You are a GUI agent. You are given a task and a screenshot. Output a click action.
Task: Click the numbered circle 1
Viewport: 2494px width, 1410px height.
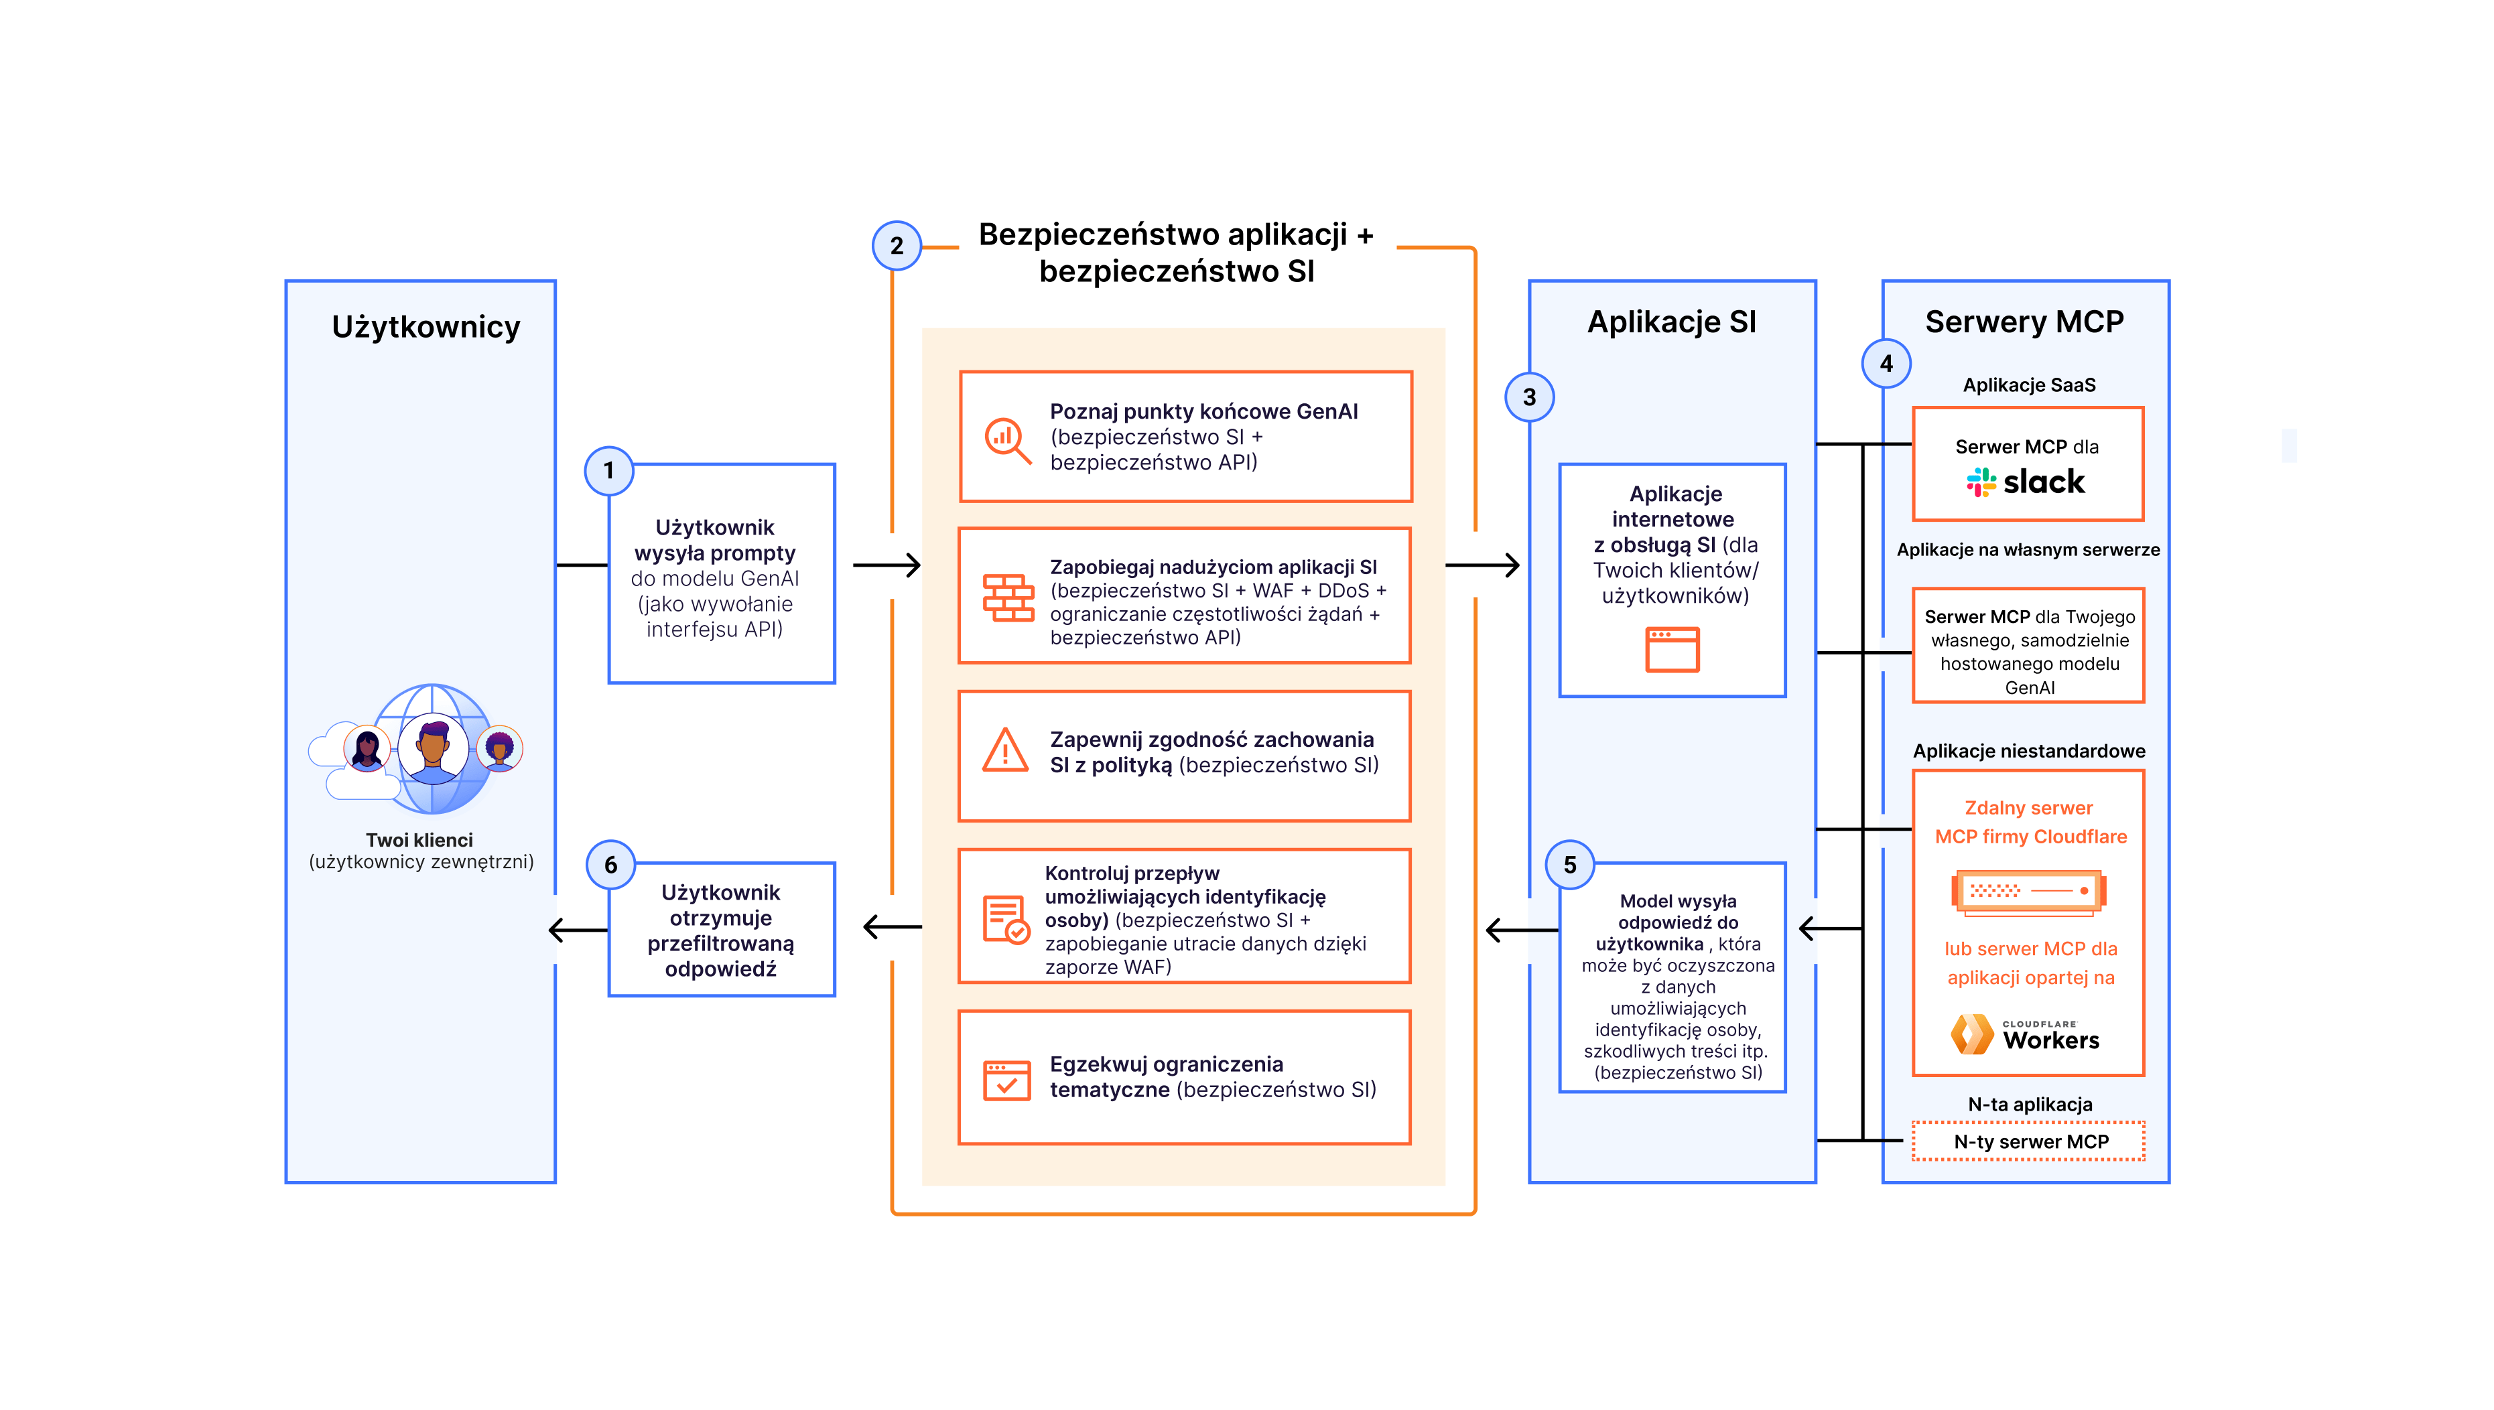[x=608, y=471]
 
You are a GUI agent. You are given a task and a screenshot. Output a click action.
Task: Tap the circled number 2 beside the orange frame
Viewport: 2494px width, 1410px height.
[x=896, y=246]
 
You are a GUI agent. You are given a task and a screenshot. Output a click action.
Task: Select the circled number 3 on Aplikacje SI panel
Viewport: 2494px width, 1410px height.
[x=1529, y=397]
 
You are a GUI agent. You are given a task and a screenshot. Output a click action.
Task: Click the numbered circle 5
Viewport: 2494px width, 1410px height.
[x=1570, y=865]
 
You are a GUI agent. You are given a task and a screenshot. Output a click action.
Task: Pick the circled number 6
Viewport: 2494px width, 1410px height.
[x=610, y=865]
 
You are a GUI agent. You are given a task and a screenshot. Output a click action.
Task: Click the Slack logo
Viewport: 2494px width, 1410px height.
[x=2025, y=482]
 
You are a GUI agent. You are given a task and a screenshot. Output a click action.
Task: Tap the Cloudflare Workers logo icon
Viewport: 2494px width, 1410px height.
[x=1972, y=1034]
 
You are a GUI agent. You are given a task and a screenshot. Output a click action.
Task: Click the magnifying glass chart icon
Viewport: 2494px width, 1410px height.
[x=1007, y=441]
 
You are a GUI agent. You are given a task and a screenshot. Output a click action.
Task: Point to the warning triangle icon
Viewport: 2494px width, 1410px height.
[x=1005, y=750]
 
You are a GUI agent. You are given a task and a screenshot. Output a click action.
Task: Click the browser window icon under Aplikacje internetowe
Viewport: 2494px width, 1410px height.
[x=1672, y=649]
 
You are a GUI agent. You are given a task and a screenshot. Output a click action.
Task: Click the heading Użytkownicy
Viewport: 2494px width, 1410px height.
[x=425, y=328]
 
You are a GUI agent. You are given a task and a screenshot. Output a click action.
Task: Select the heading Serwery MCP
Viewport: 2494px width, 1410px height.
[x=2024, y=322]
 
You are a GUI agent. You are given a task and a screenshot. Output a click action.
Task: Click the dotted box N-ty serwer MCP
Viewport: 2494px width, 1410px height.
[x=2028, y=1141]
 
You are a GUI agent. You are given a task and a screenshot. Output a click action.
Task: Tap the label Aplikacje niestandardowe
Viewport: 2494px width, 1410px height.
[x=2028, y=752]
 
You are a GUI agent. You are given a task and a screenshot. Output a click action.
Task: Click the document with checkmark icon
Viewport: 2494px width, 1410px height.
[x=1005, y=918]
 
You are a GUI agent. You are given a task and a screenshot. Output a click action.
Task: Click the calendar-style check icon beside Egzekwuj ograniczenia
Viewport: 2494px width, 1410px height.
[x=1006, y=1080]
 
